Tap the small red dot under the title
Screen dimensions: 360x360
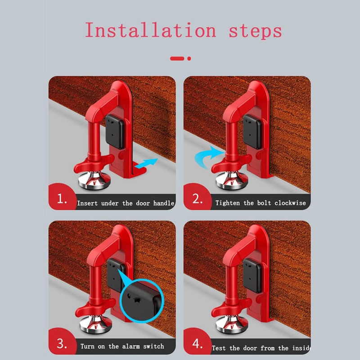189,58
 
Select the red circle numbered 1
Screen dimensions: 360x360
62,198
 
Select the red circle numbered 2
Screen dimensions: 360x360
197,198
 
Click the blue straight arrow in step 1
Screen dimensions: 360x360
146,165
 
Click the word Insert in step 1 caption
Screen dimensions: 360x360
87,203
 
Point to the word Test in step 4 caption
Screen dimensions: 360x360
219,348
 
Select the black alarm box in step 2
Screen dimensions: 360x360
252,131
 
